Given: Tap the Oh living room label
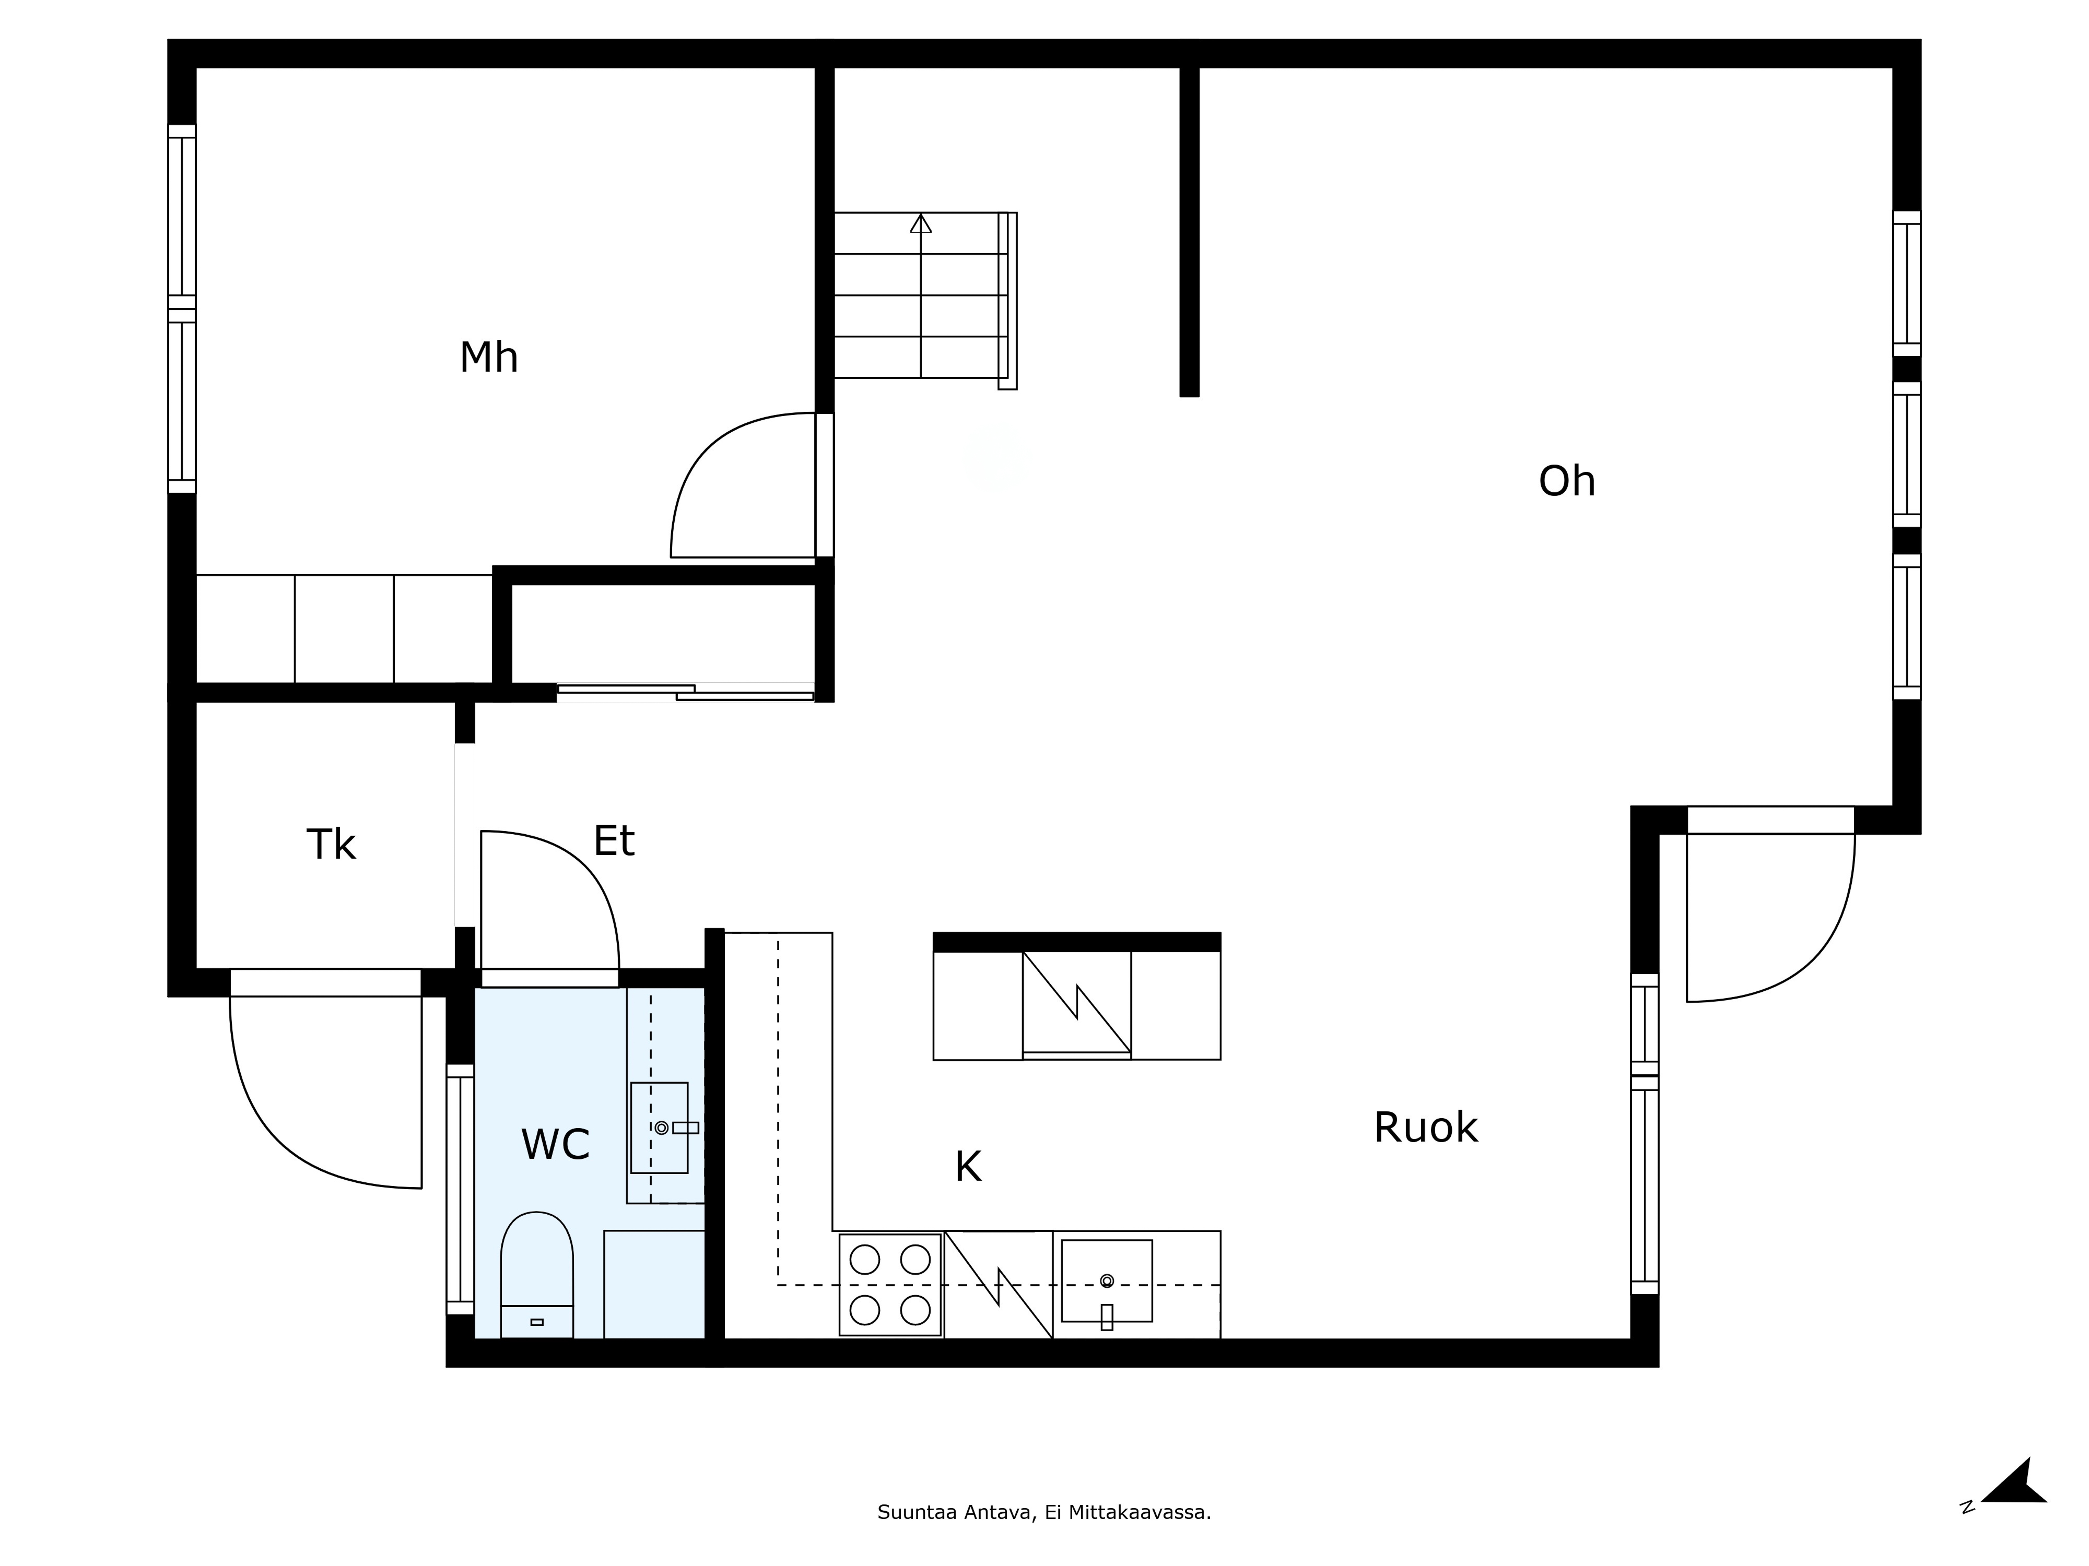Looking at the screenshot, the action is (x=1567, y=481).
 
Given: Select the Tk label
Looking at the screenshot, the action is (x=331, y=845).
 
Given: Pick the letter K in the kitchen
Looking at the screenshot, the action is (x=968, y=1167).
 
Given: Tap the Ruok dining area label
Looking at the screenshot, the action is (x=1425, y=1127).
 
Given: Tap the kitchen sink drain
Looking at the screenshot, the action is (x=1107, y=1281).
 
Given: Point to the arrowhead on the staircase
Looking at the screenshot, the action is (x=921, y=224).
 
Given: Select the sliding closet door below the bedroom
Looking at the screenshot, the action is (x=686, y=693).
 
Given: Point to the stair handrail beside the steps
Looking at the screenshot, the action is (x=1008, y=300).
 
